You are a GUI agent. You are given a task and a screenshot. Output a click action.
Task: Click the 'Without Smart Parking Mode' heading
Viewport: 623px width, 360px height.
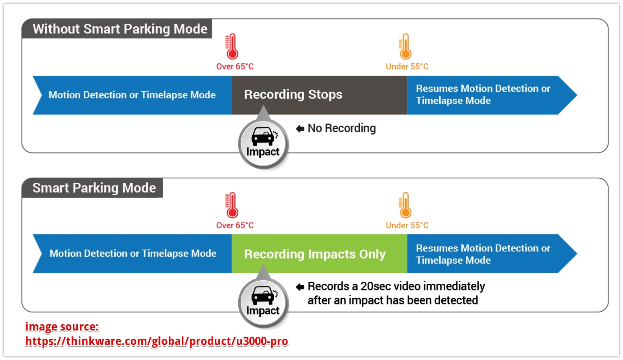(120, 29)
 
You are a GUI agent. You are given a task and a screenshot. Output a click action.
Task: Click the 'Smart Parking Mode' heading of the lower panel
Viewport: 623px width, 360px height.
(94, 188)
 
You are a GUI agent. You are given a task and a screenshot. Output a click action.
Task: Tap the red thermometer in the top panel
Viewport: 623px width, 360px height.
(232, 46)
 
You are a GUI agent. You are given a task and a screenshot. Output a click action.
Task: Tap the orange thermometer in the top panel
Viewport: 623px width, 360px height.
(405, 46)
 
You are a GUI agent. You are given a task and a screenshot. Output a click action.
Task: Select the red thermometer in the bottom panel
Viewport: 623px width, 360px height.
(232, 205)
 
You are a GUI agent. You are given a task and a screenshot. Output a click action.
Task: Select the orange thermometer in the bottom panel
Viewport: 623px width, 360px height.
(405, 205)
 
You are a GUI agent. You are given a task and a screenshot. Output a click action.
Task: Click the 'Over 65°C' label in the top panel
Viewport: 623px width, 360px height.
(235, 66)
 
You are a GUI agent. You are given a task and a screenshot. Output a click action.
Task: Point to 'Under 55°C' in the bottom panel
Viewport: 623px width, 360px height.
(407, 225)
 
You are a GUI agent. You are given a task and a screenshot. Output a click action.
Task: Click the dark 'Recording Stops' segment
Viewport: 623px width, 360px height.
(319, 95)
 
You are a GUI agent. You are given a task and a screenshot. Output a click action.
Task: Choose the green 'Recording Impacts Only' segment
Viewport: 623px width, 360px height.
(319, 253)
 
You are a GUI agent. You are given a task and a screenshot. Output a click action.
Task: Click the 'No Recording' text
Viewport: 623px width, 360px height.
(342, 128)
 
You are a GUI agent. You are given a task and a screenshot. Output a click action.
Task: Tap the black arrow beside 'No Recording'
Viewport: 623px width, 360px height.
(300, 129)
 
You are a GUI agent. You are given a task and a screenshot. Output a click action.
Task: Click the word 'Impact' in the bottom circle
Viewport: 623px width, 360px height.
(263, 310)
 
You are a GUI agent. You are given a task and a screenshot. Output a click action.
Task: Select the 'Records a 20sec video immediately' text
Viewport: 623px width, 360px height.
(396, 287)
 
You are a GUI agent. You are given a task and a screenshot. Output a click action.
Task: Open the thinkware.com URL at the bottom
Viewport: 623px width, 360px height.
(157, 341)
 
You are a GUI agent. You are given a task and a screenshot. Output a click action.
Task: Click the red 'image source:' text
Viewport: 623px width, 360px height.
(62, 327)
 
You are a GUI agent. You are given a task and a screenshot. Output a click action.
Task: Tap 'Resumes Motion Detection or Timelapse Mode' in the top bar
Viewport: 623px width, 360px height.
(483, 94)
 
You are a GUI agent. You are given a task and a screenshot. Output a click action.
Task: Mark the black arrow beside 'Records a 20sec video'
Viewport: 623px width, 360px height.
(300, 287)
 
